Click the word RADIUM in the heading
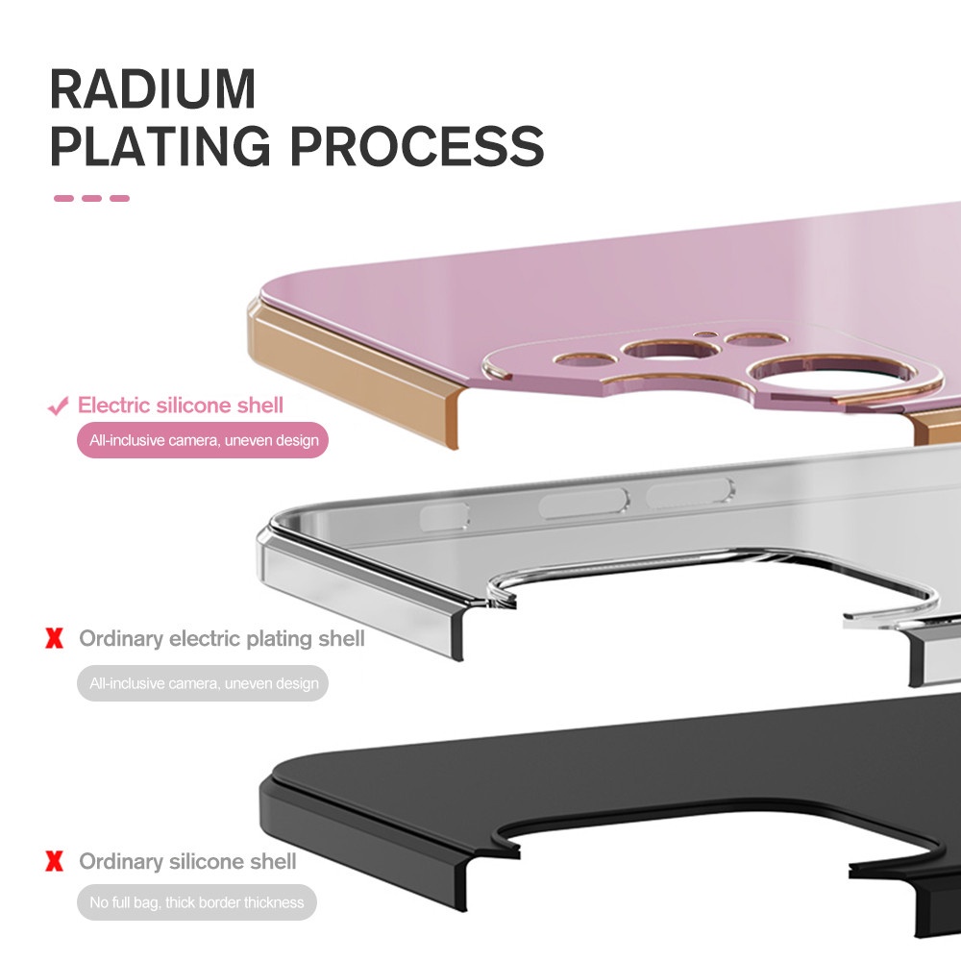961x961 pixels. click(153, 87)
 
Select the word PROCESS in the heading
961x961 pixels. click(417, 145)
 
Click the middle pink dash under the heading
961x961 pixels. click(92, 199)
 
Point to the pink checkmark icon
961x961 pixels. click(58, 407)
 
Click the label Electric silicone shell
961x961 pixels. click(181, 406)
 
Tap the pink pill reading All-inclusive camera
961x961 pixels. click(203, 441)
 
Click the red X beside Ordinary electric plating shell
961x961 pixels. click(55, 638)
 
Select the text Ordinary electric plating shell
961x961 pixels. click(222, 638)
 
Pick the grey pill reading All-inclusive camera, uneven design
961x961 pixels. click(203, 684)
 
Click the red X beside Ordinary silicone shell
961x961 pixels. click(55, 861)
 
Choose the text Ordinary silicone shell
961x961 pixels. click(187, 861)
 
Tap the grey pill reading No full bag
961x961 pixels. click(196, 902)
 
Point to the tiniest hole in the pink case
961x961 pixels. click(706, 335)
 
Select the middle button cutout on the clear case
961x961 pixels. click(583, 501)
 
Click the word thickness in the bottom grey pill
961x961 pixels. click(273, 902)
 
